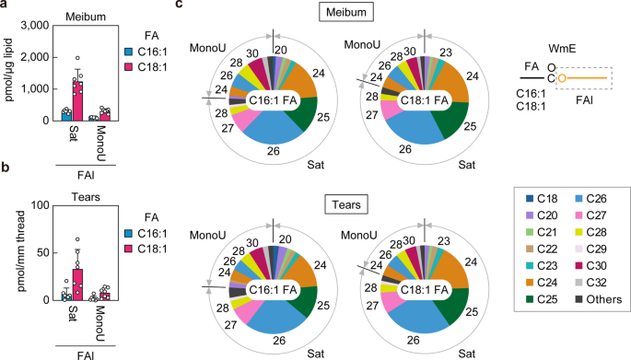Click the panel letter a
6,6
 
